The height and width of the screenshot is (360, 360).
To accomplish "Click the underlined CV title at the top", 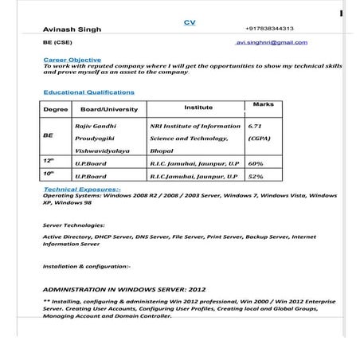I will tap(190, 22).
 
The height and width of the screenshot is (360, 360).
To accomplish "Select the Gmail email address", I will tap(272, 42).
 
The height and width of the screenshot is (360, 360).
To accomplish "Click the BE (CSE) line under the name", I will tap(58, 42).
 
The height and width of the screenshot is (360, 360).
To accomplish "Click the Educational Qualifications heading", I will tap(88, 92).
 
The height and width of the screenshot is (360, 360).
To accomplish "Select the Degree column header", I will tap(55, 109).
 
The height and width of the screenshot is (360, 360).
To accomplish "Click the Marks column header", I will tap(262, 104).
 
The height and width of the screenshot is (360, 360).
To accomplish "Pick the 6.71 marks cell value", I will tap(256, 126).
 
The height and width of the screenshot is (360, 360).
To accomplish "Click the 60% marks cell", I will tap(256, 163).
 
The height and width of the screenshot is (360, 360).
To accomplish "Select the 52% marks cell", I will tap(256, 176).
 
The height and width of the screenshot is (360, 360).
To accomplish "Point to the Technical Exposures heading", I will tap(81, 189).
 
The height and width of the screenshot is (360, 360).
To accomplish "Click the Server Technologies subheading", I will tap(73, 225).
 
